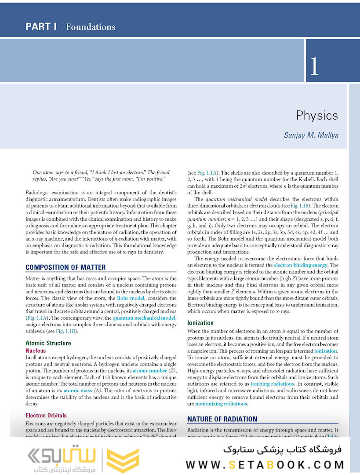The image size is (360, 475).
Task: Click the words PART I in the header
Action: [41, 26]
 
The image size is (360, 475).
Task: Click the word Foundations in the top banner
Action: [91, 27]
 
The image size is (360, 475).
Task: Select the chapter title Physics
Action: [317, 116]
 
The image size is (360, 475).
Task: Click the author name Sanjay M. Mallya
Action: [311, 135]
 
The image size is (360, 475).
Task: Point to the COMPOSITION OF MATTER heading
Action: [65, 267]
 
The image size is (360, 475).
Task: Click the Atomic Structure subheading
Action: [48, 343]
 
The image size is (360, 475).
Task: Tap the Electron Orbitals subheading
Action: [46, 415]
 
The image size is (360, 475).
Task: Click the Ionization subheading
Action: [200, 323]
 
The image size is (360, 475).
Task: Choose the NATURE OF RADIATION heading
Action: [222, 419]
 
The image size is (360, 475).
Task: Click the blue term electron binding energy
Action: [300, 265]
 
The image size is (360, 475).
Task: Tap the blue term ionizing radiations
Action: [272, 384]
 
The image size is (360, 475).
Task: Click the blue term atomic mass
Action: [77, 390]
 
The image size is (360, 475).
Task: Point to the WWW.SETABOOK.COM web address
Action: [265, 465]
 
